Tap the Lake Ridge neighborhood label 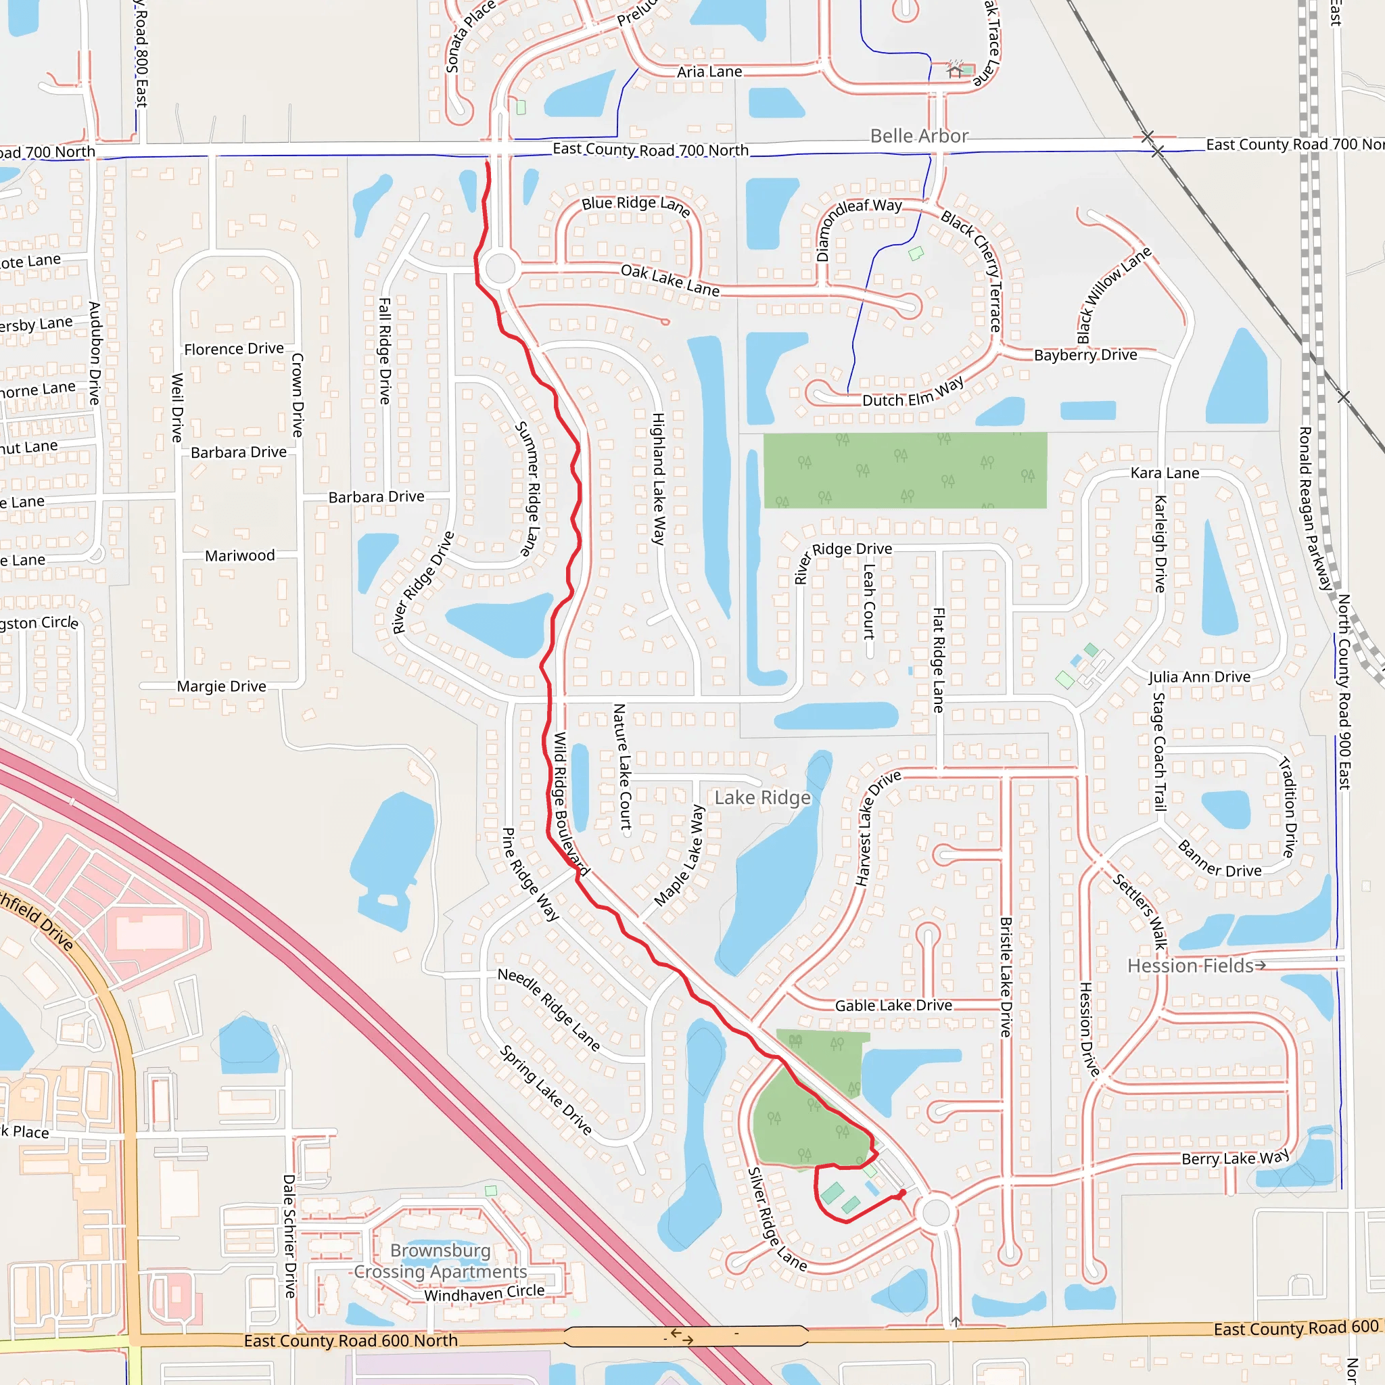762,798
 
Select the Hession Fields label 1190,966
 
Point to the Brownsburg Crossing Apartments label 440,1261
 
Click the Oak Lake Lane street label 670,279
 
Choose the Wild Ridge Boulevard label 571,803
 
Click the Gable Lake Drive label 893,1005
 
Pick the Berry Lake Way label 1234,1158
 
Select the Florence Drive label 234,348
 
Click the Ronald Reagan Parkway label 1315,509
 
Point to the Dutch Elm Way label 912,393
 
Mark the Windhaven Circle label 484,1293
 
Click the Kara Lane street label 1165,473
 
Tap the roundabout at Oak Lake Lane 500,269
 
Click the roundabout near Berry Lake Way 935,1213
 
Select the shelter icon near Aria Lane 954,70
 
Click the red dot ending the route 903,1192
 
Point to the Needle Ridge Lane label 548,1008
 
